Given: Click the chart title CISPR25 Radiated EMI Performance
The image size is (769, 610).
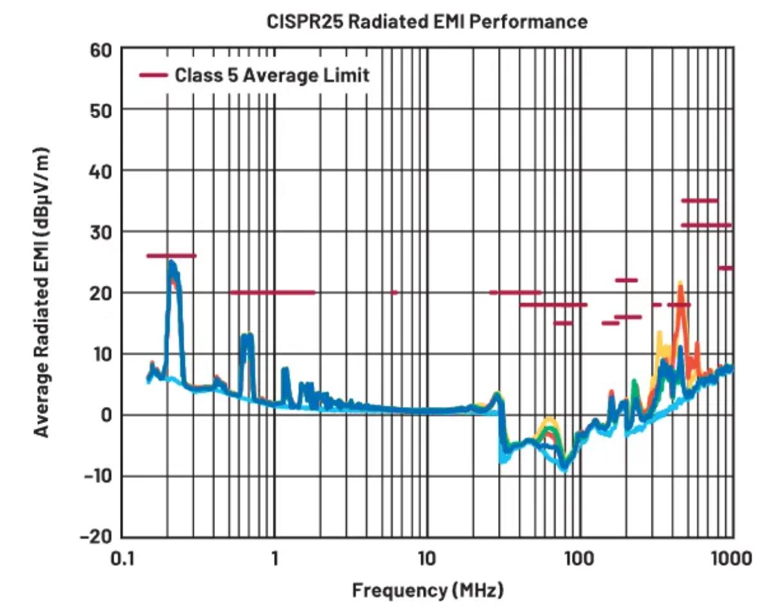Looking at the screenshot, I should (426, 22).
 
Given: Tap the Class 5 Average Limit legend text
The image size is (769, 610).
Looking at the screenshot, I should (272, 75).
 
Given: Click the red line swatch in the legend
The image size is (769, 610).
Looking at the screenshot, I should (153, 75).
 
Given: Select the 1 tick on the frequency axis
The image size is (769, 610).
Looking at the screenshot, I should (275, 557).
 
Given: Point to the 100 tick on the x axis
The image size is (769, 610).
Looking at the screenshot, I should (580, 557).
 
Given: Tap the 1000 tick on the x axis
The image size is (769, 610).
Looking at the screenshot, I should (730, 557).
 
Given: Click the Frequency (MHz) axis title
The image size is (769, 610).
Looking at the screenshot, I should (428, 589).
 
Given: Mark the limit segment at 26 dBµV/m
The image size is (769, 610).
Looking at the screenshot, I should (171, 256).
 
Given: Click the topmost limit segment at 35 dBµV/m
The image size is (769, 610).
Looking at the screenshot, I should (699, 201).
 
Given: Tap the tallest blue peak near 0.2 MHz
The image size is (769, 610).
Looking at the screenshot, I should (171, 264).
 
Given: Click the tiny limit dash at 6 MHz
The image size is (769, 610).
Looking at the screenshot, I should (394, 292).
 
